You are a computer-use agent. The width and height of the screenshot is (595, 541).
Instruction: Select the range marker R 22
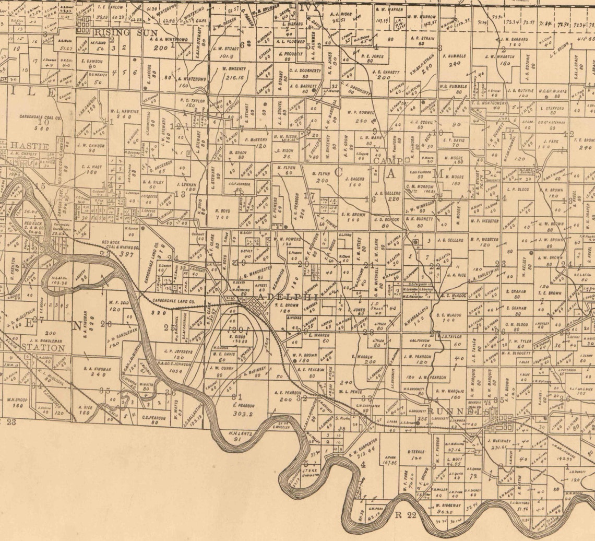(x=406, y=516)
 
